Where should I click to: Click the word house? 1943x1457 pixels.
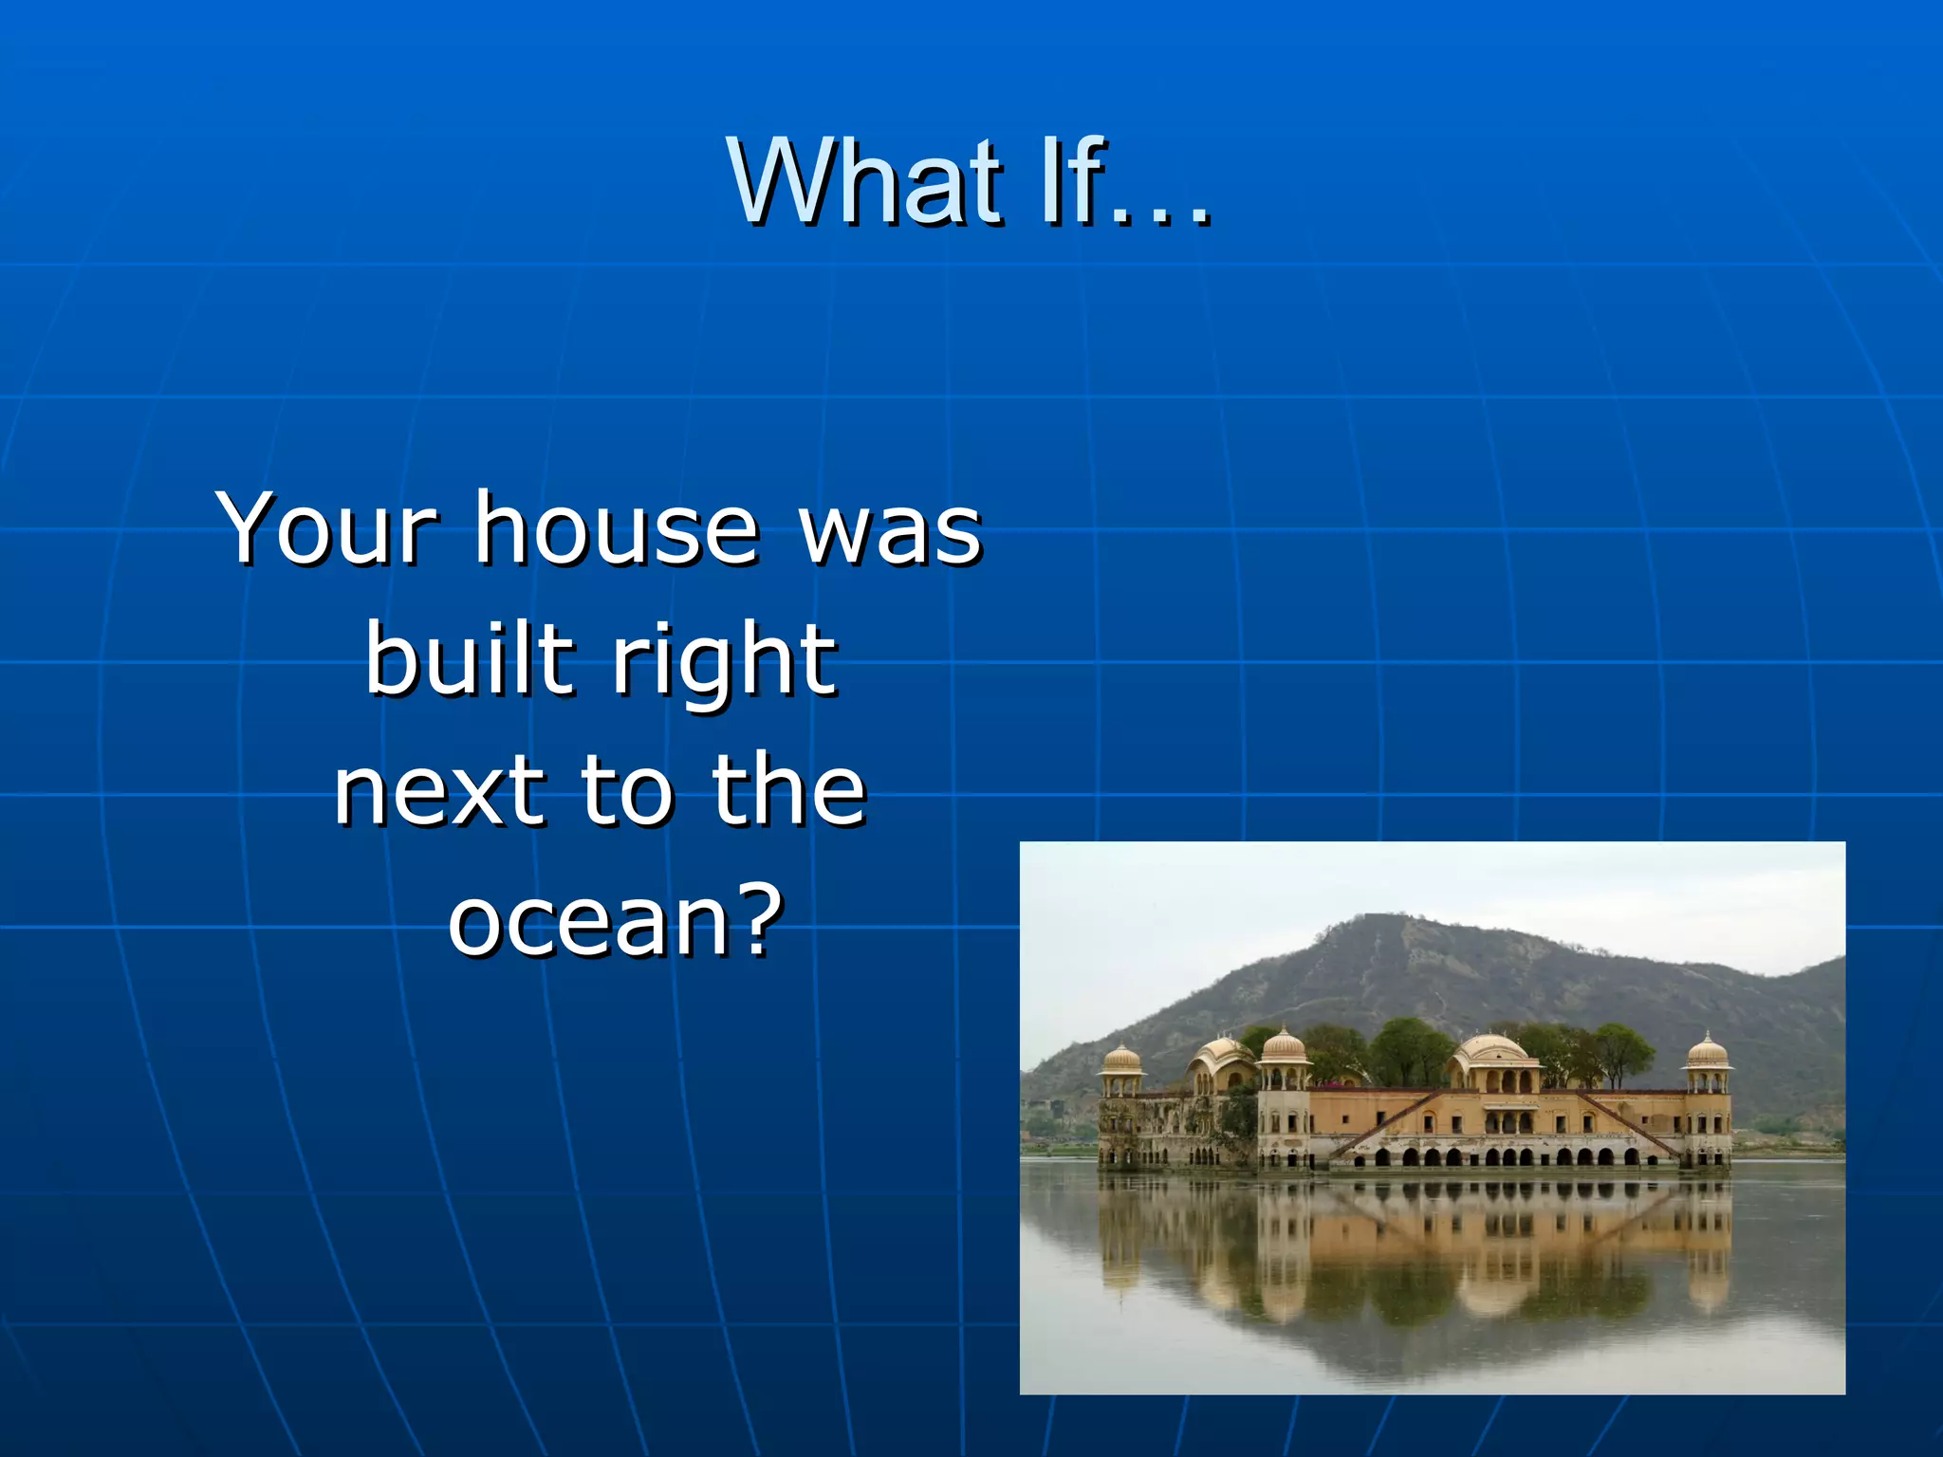618,528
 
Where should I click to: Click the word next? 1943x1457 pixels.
440,791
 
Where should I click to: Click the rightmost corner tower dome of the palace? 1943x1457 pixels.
1707,1051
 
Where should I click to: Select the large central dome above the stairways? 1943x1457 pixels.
1491,1050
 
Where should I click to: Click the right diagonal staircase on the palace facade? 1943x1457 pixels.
1628,1124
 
